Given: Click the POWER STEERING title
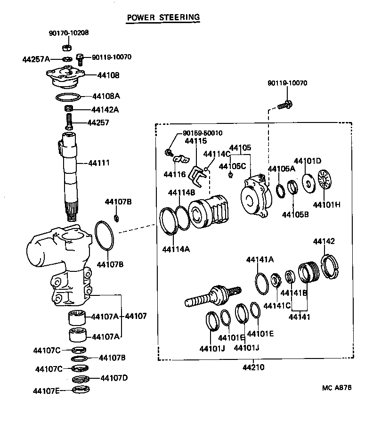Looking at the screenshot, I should pos(163,17).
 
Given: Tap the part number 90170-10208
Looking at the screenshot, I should pos(69,33).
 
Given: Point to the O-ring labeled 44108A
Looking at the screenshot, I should pos(67,98).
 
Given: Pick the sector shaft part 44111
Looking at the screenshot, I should pos(71,174).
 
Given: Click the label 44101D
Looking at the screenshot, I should pos(308,161).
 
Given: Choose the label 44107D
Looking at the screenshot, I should pos(114,378).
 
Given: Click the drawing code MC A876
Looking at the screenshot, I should pos(337,388).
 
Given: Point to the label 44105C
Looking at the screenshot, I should pos(234,166).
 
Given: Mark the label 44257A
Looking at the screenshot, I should pos(36,59).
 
